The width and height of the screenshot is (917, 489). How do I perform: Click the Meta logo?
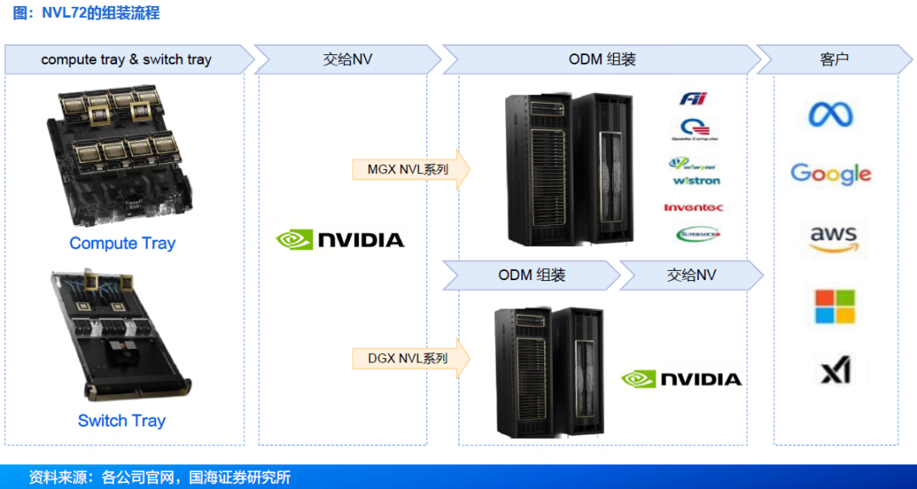click(830, 115)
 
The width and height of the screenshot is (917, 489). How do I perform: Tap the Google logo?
click(830, 174)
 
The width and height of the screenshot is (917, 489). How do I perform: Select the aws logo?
click(832, 239)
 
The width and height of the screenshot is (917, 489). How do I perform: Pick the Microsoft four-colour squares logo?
click(835, 306)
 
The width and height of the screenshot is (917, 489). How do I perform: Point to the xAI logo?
click(835, 371)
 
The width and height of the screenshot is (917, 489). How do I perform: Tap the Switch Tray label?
click(121, 421)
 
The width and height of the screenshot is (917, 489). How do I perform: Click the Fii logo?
click(693, 99)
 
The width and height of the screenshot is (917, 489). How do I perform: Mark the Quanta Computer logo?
click(695, 129)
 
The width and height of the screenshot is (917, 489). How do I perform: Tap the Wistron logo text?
click(696, 181)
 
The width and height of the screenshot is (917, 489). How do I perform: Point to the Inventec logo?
click(694, 207)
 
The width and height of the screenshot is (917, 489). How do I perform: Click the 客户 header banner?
click(835, 60)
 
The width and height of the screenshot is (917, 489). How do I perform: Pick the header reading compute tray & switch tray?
click(127, 60)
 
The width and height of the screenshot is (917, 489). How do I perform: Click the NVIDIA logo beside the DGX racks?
click(681, 379)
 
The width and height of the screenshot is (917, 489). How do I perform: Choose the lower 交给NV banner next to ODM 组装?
click(691, 276)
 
